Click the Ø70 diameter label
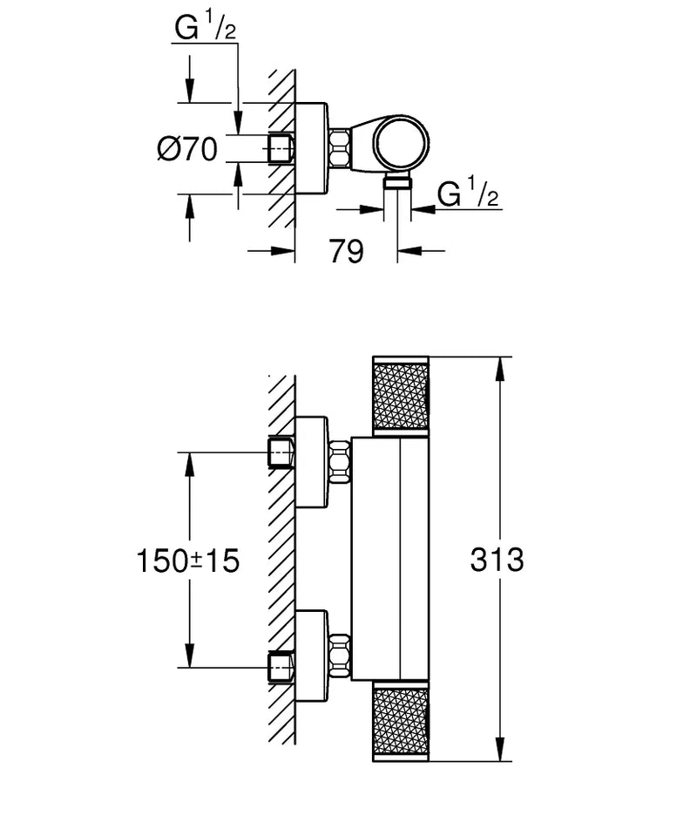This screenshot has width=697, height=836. click(187, 149)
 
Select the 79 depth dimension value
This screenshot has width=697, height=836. click(346, 252)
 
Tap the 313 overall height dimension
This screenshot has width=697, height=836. click(496, 560)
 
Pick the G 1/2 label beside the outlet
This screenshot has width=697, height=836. click(469, 194)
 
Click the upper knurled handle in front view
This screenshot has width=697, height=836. click(400, 394)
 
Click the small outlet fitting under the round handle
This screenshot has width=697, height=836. click(399, 180)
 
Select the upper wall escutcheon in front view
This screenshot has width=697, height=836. click(311, 461)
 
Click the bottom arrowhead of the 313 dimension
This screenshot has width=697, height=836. click(500, 755)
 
